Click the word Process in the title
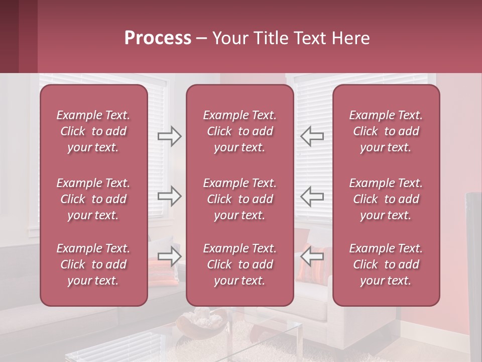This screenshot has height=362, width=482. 158,38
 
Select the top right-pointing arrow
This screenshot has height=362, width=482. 170,136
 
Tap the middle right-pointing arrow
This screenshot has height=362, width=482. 170,196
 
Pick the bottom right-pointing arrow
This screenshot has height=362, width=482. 170,256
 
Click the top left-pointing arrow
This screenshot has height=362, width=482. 312,136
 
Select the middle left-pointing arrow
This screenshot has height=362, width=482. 312,196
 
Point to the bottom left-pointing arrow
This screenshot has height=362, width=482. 312,256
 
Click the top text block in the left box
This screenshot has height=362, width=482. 93,131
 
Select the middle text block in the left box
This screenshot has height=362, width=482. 93,199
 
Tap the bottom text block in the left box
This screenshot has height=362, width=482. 93,264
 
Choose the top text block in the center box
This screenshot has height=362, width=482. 239,131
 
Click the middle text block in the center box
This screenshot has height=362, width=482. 239,199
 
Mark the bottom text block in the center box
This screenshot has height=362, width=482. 239,264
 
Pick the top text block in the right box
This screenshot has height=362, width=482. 386,131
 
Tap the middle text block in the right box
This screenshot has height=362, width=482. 386,199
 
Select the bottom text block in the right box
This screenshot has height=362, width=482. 386,264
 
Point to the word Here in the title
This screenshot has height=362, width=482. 350,38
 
